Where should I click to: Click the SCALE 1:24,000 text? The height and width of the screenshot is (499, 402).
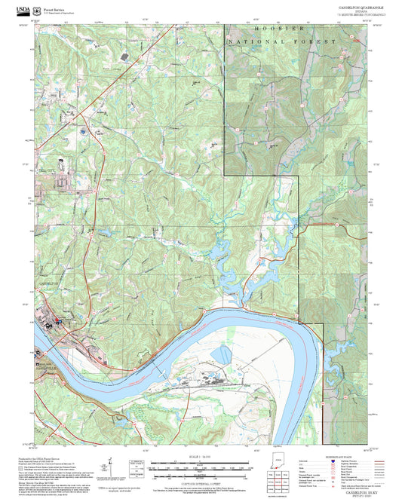click(x=201, y=457)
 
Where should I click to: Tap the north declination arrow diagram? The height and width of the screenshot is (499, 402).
click(x=112, y=467)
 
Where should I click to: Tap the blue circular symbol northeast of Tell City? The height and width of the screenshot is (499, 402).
click(x=82, y=132)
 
